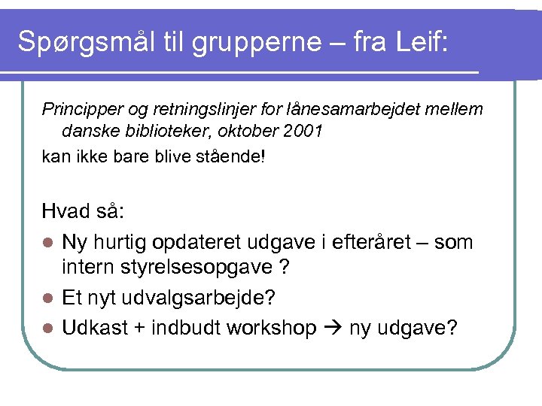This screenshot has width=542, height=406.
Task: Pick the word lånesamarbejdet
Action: point(333,110)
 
